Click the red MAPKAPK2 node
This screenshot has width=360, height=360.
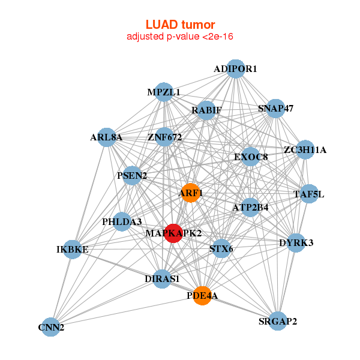pyautogui.click(x=173, y=233)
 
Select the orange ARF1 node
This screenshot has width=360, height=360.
pyautogui.click(x=190, y=193)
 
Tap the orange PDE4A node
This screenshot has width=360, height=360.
pyautogui.click(x=203, y=295)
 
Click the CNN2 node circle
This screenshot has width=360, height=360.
pyautogui.click(x=51, y=327)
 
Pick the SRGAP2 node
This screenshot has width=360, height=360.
pyautogui.click(x=278, y=322)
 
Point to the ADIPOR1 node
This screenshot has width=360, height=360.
pyautogui.click(x=236, y=69)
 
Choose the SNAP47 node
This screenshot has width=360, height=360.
pyautogui.click(x=275, y=109)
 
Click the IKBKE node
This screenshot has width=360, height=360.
pyautogui.click(x=73, y=249)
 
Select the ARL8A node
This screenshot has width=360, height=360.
pyautogui.click(x=106, y=137)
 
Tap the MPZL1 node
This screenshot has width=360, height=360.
pyautogui.click(x=164, y=92)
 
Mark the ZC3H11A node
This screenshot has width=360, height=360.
pyautogui.click(x=305, y=150)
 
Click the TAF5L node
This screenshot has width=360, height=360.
pyautogui.click(x=309, y=194)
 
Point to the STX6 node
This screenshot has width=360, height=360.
pyautogui.click(x=221, y=248)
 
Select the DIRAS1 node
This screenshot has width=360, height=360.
pyautogui.click(x=162, y=278)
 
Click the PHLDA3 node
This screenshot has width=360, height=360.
pyautogui.click(x=122, y=221)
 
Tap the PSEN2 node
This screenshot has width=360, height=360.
pyautogui.click(x=132, y=176)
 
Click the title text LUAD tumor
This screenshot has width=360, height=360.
pyautogui.click(x=180, y=25)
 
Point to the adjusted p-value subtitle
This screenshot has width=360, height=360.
pyautogui.click(x=180, y=37)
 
